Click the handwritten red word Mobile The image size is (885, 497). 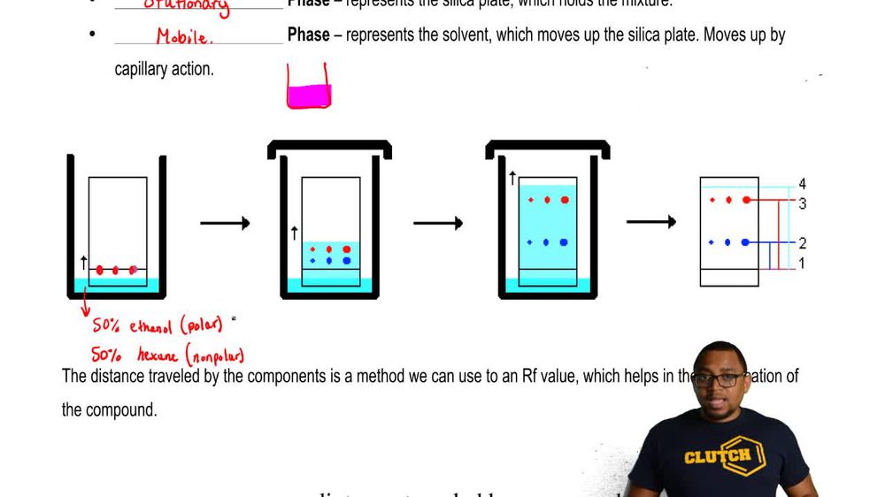click(184, 37)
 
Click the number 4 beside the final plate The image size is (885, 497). click(802, 185)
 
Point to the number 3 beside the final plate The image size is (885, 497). click(802, 204)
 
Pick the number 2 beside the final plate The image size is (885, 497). click(802, 243)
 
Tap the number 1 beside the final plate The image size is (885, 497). click(802, 264)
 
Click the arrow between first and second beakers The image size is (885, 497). click(225, 223)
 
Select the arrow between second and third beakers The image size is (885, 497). click(438, 223)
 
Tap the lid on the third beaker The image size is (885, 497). click(548, 148)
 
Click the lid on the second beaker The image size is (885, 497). click(330, 148)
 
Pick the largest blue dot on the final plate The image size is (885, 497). click(745, 241)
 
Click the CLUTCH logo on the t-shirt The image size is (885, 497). click(718, 455)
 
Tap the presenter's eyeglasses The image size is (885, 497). click(719, 379)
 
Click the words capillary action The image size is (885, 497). click(164, 69)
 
